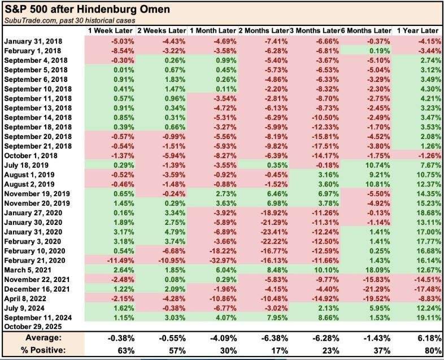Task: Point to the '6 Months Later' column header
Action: point(366,30)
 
